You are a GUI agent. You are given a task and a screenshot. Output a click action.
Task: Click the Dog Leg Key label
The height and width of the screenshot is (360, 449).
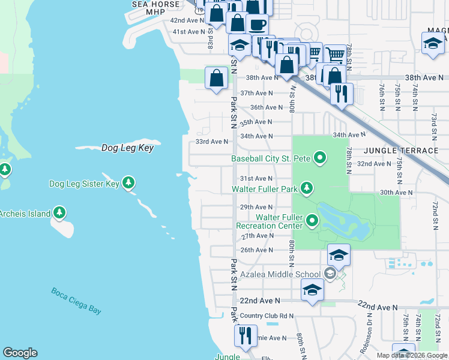tap(127, 148)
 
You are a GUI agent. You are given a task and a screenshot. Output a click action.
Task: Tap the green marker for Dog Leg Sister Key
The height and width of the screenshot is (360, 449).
tap(128, 183)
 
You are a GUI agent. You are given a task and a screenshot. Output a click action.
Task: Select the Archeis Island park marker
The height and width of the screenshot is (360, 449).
tap(59, 212)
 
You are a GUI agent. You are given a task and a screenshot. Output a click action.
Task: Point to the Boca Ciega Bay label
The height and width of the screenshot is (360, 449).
tap(76, 301)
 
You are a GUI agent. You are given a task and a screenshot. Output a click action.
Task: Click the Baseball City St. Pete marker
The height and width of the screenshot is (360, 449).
tap(320, 158)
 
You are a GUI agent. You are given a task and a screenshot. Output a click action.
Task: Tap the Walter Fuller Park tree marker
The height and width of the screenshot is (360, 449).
tap(307, 188)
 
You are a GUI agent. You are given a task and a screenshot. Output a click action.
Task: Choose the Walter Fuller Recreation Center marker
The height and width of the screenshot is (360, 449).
tap(312, 221)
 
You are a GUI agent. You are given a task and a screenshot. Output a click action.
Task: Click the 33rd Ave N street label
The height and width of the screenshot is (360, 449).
tap(212, 142)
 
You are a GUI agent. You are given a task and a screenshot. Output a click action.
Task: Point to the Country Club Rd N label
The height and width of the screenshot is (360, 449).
tap(267, 316)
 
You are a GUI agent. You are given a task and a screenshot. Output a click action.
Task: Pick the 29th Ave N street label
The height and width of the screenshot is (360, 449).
tap(256, 207)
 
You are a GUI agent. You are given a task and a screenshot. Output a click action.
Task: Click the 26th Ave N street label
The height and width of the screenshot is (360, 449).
tap(256, 250)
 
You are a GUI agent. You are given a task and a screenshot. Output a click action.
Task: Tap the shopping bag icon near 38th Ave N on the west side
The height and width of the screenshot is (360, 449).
tap(216, 78)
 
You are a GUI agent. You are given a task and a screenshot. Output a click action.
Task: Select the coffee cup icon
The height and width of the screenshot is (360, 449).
tap(257, 25)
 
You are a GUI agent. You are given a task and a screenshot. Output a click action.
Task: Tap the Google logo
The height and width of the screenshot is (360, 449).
tap(20, 353)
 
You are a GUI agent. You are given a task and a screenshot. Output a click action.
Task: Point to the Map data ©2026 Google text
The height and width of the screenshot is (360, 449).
tap(411, 355)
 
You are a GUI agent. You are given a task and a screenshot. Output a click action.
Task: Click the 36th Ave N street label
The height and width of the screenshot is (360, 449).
tap(266, 107)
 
